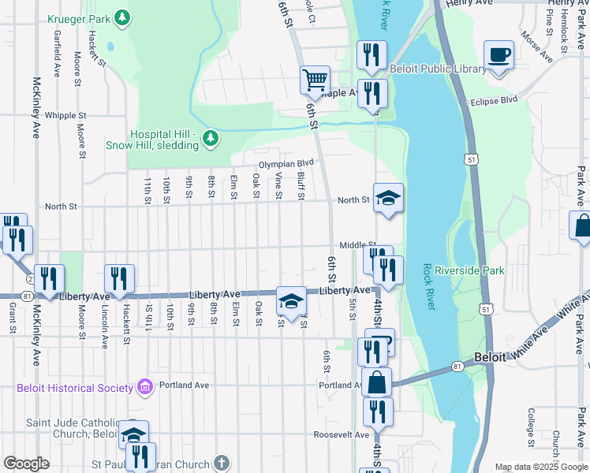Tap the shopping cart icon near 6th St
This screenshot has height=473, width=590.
pyautogui.click(x=315, y=79)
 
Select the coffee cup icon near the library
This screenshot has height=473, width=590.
pyautogui.click(x=499, y=56)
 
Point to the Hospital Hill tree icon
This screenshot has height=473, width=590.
pyautogui.click(x=210, y=139)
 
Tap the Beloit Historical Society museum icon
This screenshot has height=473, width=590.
pyautogui.click(x=144, y=387)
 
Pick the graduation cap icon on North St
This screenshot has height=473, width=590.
pyautogui.click(x=387, y=198)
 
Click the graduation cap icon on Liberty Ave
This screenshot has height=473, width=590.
pyautogui.click(x=291, y=300)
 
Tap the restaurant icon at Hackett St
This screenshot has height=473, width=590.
pyautogui.click(x=119, y=278)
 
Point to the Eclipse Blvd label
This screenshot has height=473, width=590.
pyautogui.click(x=494, y=100)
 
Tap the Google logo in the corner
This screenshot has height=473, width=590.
pyautogui.click(x=26, y=464)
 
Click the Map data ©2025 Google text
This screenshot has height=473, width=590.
pyautogui.click(x=540, y=467)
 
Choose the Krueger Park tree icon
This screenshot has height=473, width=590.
pyautogui.click(x=121, y=17)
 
